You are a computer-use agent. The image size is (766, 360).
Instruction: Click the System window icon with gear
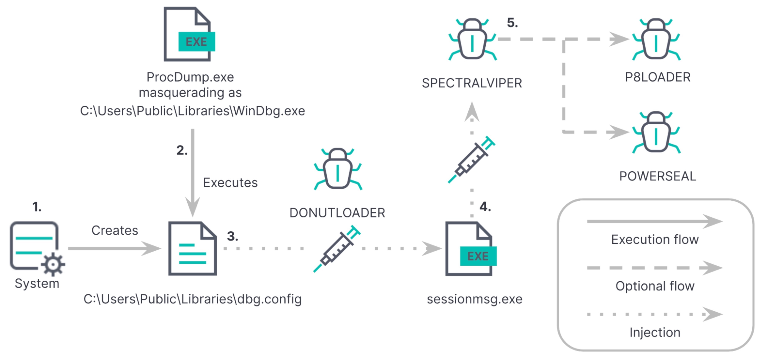[36, 247]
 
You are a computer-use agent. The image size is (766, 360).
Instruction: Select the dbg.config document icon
[192, 248]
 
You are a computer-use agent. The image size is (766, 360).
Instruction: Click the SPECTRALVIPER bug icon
[472, 40]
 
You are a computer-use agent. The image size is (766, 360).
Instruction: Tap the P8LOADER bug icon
[656, 40]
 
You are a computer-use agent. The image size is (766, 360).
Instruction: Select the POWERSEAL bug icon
[656, 132]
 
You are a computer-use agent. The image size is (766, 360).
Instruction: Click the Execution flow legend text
[655, 239]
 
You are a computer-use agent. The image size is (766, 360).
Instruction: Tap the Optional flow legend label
[655, 286]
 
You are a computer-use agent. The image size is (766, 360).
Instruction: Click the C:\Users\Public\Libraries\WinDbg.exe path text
[192, 111]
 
